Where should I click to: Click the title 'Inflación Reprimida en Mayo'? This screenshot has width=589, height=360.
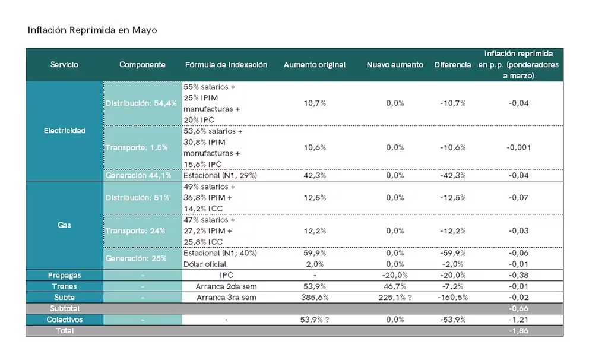pos(92,30)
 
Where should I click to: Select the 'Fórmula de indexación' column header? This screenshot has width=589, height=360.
pos(226,65)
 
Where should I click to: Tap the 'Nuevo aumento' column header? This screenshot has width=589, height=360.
pos(395,65)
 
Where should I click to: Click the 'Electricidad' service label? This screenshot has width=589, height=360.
pos(65,131)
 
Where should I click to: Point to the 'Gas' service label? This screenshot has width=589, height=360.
pos(65,226)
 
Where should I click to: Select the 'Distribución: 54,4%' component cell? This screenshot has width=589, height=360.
pos(141,103)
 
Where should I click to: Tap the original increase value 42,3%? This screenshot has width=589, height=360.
pos(314,176)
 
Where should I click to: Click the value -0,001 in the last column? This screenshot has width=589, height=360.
pos(518,148)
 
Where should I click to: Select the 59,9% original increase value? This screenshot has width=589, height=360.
pos(314,253)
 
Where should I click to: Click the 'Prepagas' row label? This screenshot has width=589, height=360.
pos(65,276)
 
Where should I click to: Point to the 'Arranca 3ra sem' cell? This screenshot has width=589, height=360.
pos(226,298)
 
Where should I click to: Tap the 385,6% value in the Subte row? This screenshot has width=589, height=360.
pos(314,298)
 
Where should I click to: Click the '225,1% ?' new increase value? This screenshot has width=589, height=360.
pos(395,298)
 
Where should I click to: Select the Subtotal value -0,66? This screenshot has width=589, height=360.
pos(518,309)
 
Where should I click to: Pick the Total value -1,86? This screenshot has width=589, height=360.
pos(518,331)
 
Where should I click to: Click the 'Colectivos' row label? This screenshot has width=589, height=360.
pos(65,320)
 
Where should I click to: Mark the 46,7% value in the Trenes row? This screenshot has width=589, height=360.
pos(395,286)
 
